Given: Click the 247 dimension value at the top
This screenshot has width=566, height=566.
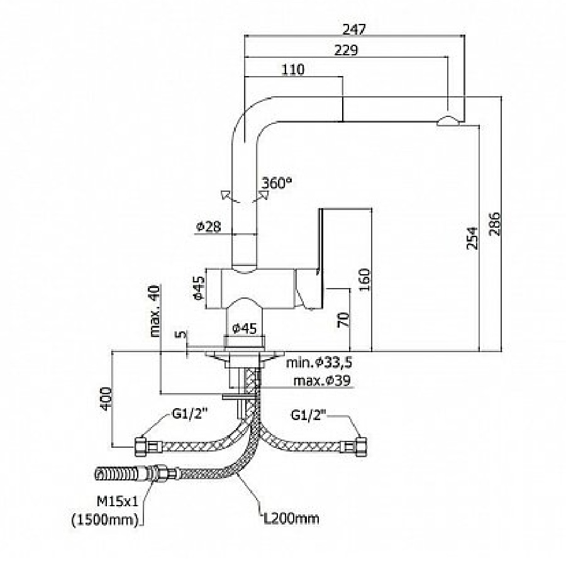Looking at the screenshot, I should click(x=355, y=29).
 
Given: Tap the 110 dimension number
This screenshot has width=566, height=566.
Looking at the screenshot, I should click(x=293, y=69).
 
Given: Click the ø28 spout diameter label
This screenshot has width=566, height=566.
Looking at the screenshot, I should click(x=208, y=226).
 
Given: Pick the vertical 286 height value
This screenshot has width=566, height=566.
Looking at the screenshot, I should click(x=495, y=223).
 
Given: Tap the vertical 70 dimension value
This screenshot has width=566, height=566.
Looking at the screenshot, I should click(x=343, y=319).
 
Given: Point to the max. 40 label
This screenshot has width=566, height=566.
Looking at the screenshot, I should click(x=155, y=311).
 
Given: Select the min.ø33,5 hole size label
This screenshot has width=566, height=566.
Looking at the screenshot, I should click(x=319, y=363).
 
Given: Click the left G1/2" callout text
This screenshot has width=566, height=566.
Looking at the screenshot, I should click(x=189, y=415).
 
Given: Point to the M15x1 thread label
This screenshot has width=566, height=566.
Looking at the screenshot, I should click(x=117, y=501).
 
